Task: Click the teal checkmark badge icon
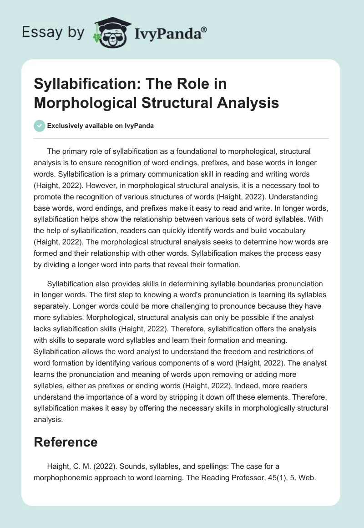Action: coord(40,126)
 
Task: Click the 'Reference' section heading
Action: coord(66,442)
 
